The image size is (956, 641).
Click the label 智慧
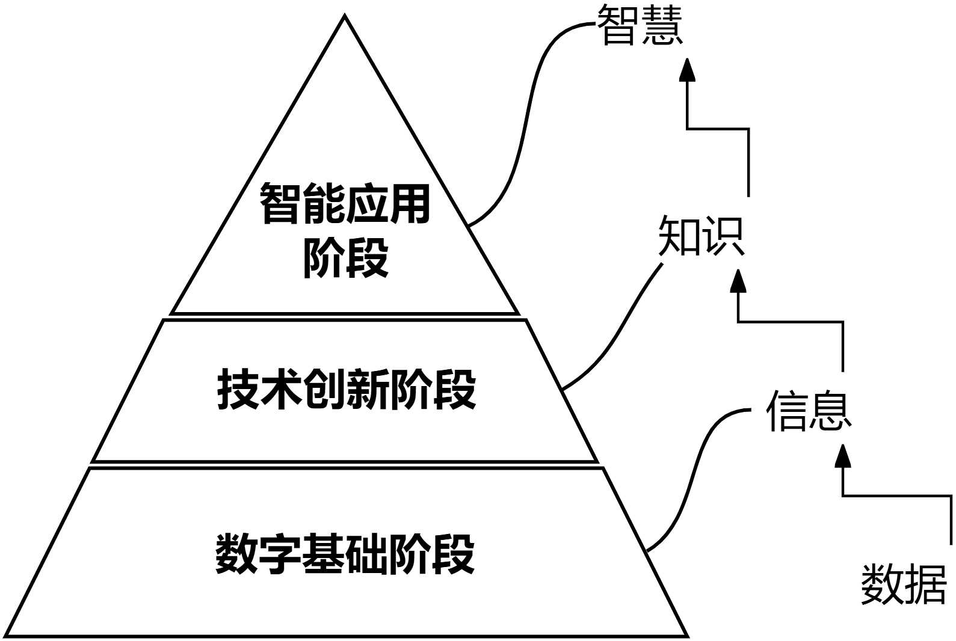(x=640, y=26)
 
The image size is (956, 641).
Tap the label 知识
(x=702, y=236)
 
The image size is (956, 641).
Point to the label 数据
(x=904, y=584)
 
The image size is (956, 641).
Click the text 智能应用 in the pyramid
(x=345, y=204)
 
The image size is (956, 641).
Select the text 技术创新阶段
(x=347, y=390)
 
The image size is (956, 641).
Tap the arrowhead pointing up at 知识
(x=738, y=281)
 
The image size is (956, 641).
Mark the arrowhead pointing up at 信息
(x=843, y=456)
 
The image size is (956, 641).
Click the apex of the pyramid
(x=345, y=17)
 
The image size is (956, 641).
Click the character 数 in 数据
(x=882, y=584)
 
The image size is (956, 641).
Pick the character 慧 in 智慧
(x=662, y=26)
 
